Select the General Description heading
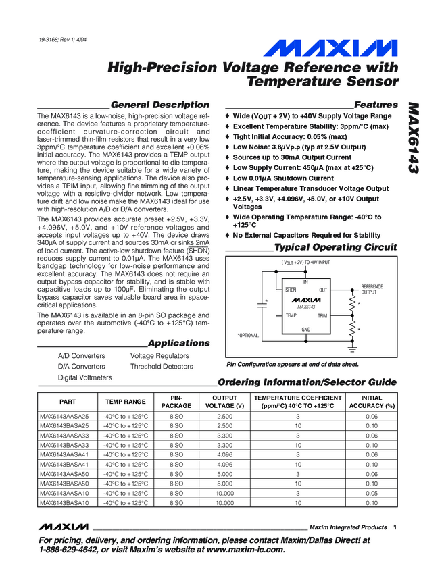[159, 105]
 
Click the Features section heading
[376, 105]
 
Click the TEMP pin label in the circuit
[291, 315]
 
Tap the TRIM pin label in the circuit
[322, 315]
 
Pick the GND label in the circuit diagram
[306, 329]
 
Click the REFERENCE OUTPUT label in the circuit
[372, 290]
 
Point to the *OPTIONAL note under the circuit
[249, 335]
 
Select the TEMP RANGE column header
[124, 402]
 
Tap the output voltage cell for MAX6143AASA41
[224, 455]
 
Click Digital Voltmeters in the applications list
[85, 377]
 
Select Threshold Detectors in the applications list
[162, 367]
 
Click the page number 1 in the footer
[394, 527]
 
